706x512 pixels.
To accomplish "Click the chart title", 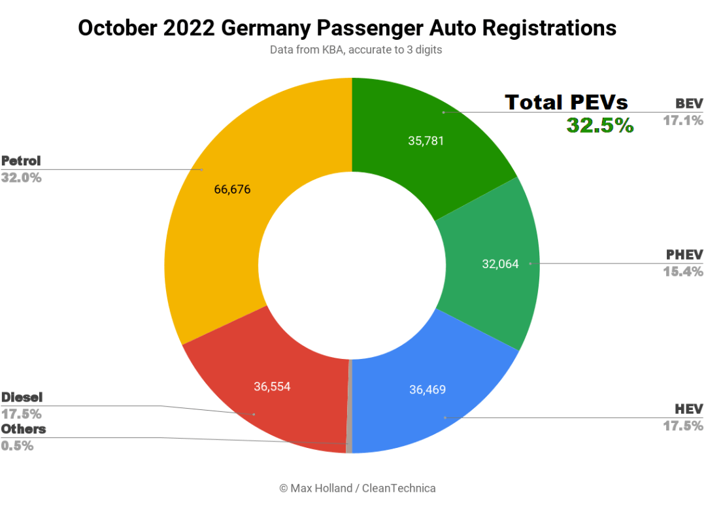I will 346,28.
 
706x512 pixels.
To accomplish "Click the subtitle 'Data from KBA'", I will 356,50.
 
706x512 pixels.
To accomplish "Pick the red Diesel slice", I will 275,405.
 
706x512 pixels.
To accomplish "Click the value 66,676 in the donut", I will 232,190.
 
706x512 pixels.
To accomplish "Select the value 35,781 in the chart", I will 426,141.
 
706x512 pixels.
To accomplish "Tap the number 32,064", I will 500,264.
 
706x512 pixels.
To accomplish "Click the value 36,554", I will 272,386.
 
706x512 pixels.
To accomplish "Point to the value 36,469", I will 428,390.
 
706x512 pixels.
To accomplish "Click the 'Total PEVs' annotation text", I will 566,102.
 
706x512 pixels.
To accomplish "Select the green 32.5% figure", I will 599,125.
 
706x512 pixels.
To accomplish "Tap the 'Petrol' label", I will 21,161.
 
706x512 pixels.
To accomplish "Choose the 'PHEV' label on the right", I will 684,254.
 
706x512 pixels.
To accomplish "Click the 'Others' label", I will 24,429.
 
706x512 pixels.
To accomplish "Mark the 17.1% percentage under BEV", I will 683,120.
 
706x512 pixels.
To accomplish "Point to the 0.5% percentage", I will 17,446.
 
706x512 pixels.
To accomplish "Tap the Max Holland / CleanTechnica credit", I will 357,488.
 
